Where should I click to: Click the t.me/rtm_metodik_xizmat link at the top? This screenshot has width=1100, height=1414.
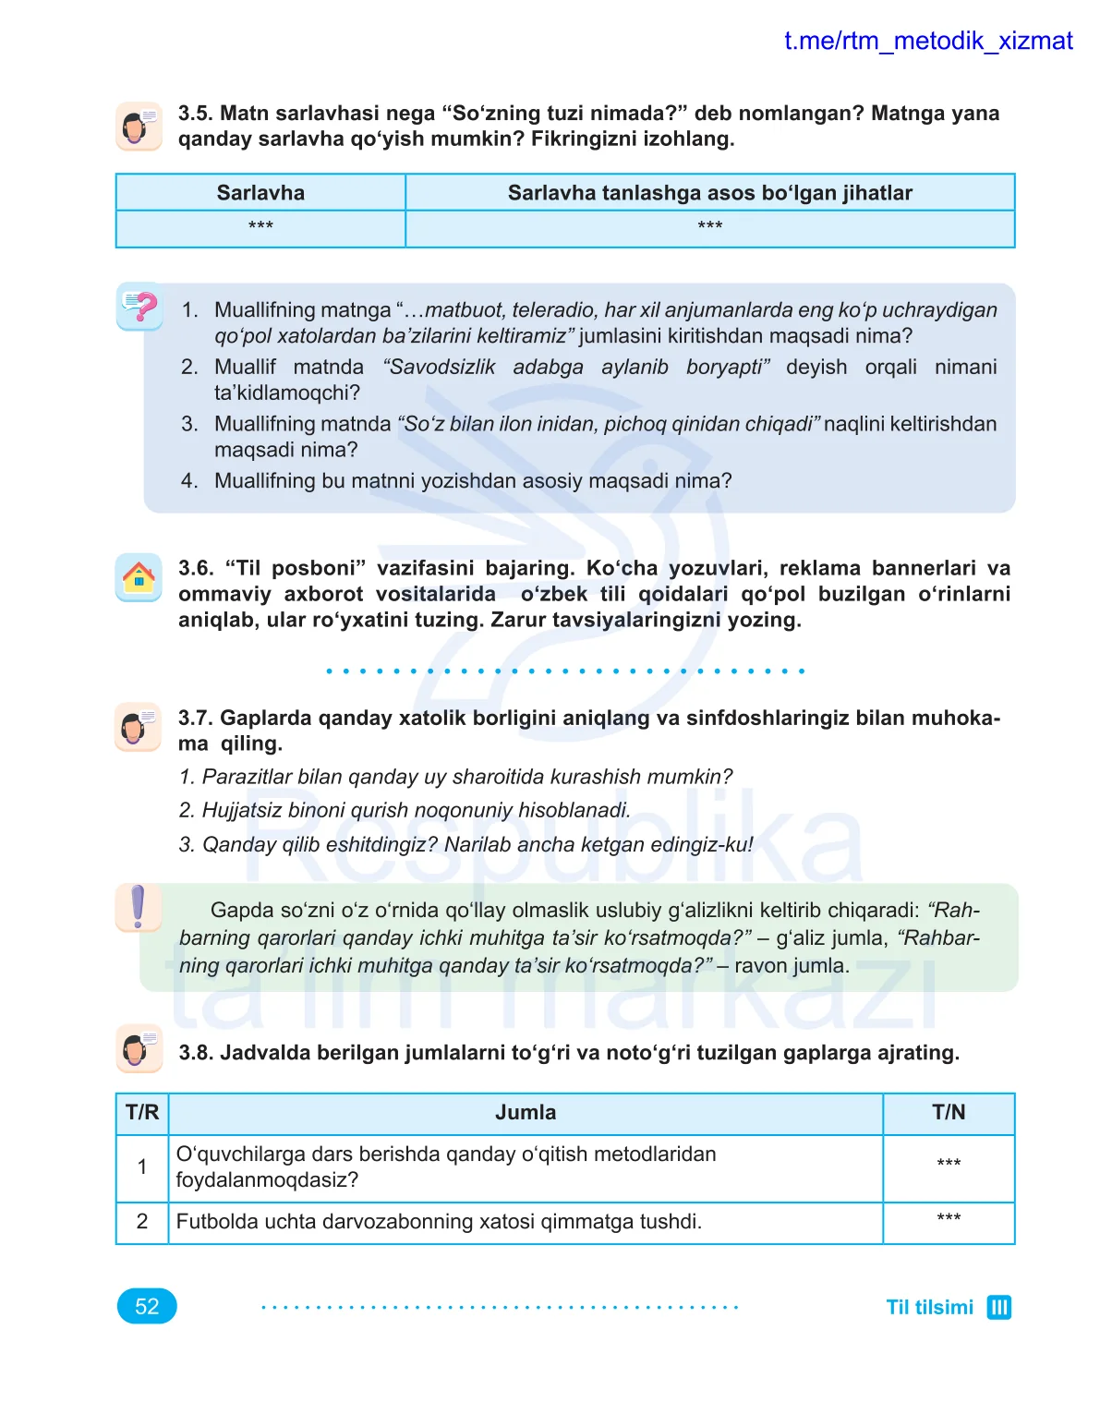pos(927,41)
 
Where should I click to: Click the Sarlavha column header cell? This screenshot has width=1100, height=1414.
pos(260,193)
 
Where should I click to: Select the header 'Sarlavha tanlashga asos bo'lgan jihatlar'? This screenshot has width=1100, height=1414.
pos(709,193)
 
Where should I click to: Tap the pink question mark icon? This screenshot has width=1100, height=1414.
pos(140,307)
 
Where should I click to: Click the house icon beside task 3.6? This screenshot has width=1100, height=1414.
pos(139,578)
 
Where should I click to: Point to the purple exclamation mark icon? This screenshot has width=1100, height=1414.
pos(138,907)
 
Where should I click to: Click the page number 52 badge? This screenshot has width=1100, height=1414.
pos(147,1306)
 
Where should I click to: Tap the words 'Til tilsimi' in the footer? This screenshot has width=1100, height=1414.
pos(929,1307)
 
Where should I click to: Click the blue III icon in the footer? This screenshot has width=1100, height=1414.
pos(998,1307)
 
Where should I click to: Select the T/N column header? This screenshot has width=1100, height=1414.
pos(948,1112)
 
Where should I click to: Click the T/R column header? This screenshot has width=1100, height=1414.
pos(142,1112)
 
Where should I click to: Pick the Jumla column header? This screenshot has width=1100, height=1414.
pos(526,1112)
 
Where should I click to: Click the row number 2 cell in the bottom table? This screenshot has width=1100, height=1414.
pos(142,1221)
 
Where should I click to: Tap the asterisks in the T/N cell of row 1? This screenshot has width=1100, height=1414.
pos(948,1163)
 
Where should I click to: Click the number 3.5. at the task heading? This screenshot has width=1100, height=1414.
pos(195,114)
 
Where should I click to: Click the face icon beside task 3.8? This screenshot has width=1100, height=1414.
pos(139,1049)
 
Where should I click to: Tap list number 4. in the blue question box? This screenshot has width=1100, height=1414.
pos(189,481)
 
